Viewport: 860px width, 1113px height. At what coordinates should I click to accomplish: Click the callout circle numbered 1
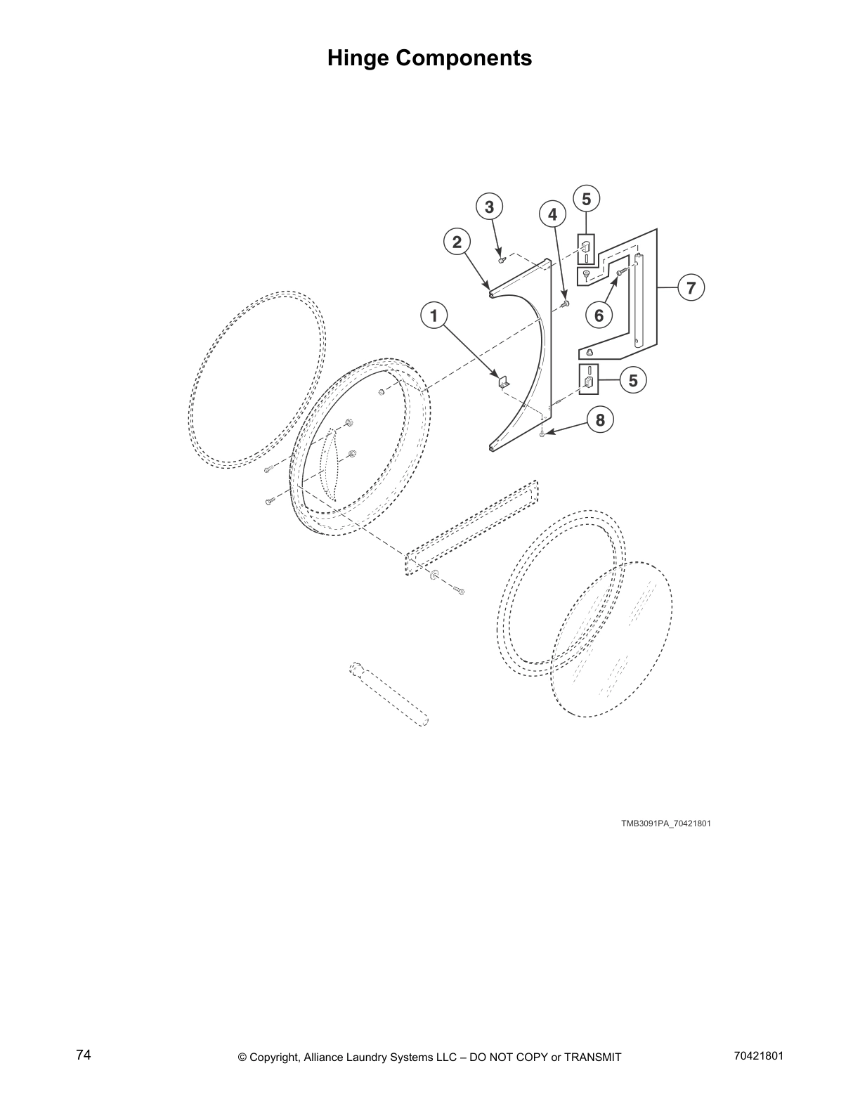(434, 315)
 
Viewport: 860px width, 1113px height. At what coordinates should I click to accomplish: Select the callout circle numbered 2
(457, 242)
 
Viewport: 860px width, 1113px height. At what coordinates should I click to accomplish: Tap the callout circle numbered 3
(489, 207)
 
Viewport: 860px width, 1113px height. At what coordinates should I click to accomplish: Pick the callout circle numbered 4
(552, 214)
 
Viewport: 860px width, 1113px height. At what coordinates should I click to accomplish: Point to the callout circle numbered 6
(599, 315)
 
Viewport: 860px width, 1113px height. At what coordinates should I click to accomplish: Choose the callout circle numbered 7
(691, 287)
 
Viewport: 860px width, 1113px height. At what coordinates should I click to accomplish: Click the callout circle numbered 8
(599, 420)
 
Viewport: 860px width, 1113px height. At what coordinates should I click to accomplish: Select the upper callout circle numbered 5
(586, 199)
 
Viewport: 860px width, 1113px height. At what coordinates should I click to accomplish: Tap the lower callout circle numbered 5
(633, 380)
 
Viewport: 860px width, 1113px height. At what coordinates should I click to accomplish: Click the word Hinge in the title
(358, 58)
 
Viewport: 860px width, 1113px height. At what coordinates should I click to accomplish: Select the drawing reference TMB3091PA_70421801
(665, 824)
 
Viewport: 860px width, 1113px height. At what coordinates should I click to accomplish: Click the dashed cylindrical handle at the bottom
(389, 693)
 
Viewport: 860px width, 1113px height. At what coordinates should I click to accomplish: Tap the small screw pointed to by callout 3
(501, 259)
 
